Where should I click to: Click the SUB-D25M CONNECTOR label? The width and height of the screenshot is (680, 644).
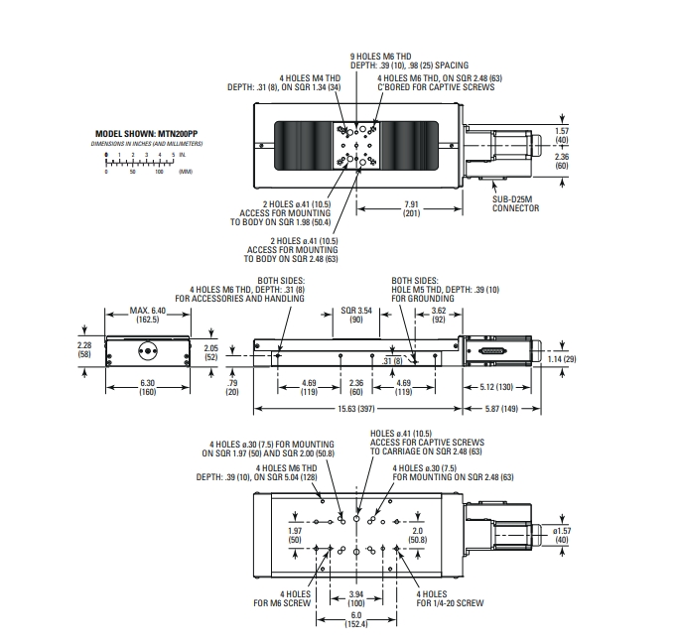(x=515, y=203)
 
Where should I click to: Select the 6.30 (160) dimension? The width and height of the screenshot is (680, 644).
(x=146, y=387)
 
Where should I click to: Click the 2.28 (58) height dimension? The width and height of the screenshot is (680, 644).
(x=84, y=349)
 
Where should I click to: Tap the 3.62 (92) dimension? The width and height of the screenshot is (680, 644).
(x=439, y=316)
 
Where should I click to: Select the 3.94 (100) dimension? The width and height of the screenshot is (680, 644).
(x=355, y=597)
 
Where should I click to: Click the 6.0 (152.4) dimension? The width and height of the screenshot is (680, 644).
(x=355, y=620)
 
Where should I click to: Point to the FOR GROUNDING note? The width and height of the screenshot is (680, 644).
(x=415, y=298)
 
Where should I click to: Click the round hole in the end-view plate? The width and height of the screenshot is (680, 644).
(x=148, y=350)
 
